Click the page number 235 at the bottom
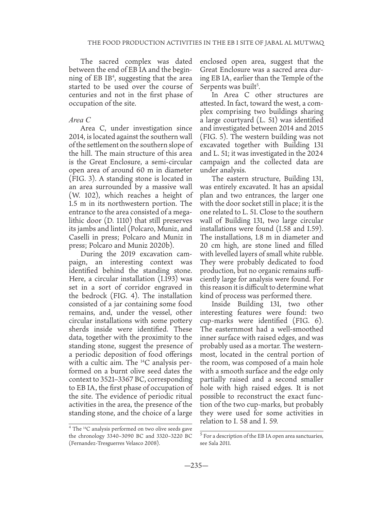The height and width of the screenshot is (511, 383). pos(191,465)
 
